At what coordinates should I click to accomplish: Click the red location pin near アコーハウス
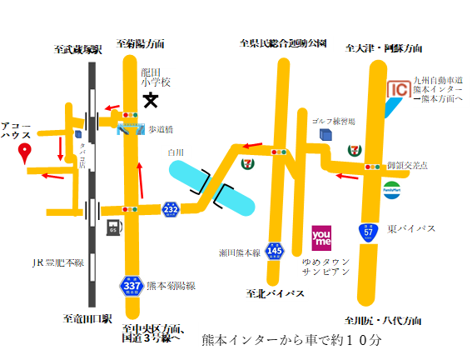tap(25, 152)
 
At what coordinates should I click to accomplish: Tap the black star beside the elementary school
tap(151, 101)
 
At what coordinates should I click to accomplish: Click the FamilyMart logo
tap(392, 187)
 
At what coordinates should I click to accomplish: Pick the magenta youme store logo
tap(323, 238)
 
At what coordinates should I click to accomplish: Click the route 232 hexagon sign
tap(170, 209)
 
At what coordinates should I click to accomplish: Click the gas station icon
tap(111, 227)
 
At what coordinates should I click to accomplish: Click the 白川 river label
tap(174, 152)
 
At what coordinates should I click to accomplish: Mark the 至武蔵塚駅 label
tap(77, 49)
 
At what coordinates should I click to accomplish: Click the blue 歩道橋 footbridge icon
tap(130, 128)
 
